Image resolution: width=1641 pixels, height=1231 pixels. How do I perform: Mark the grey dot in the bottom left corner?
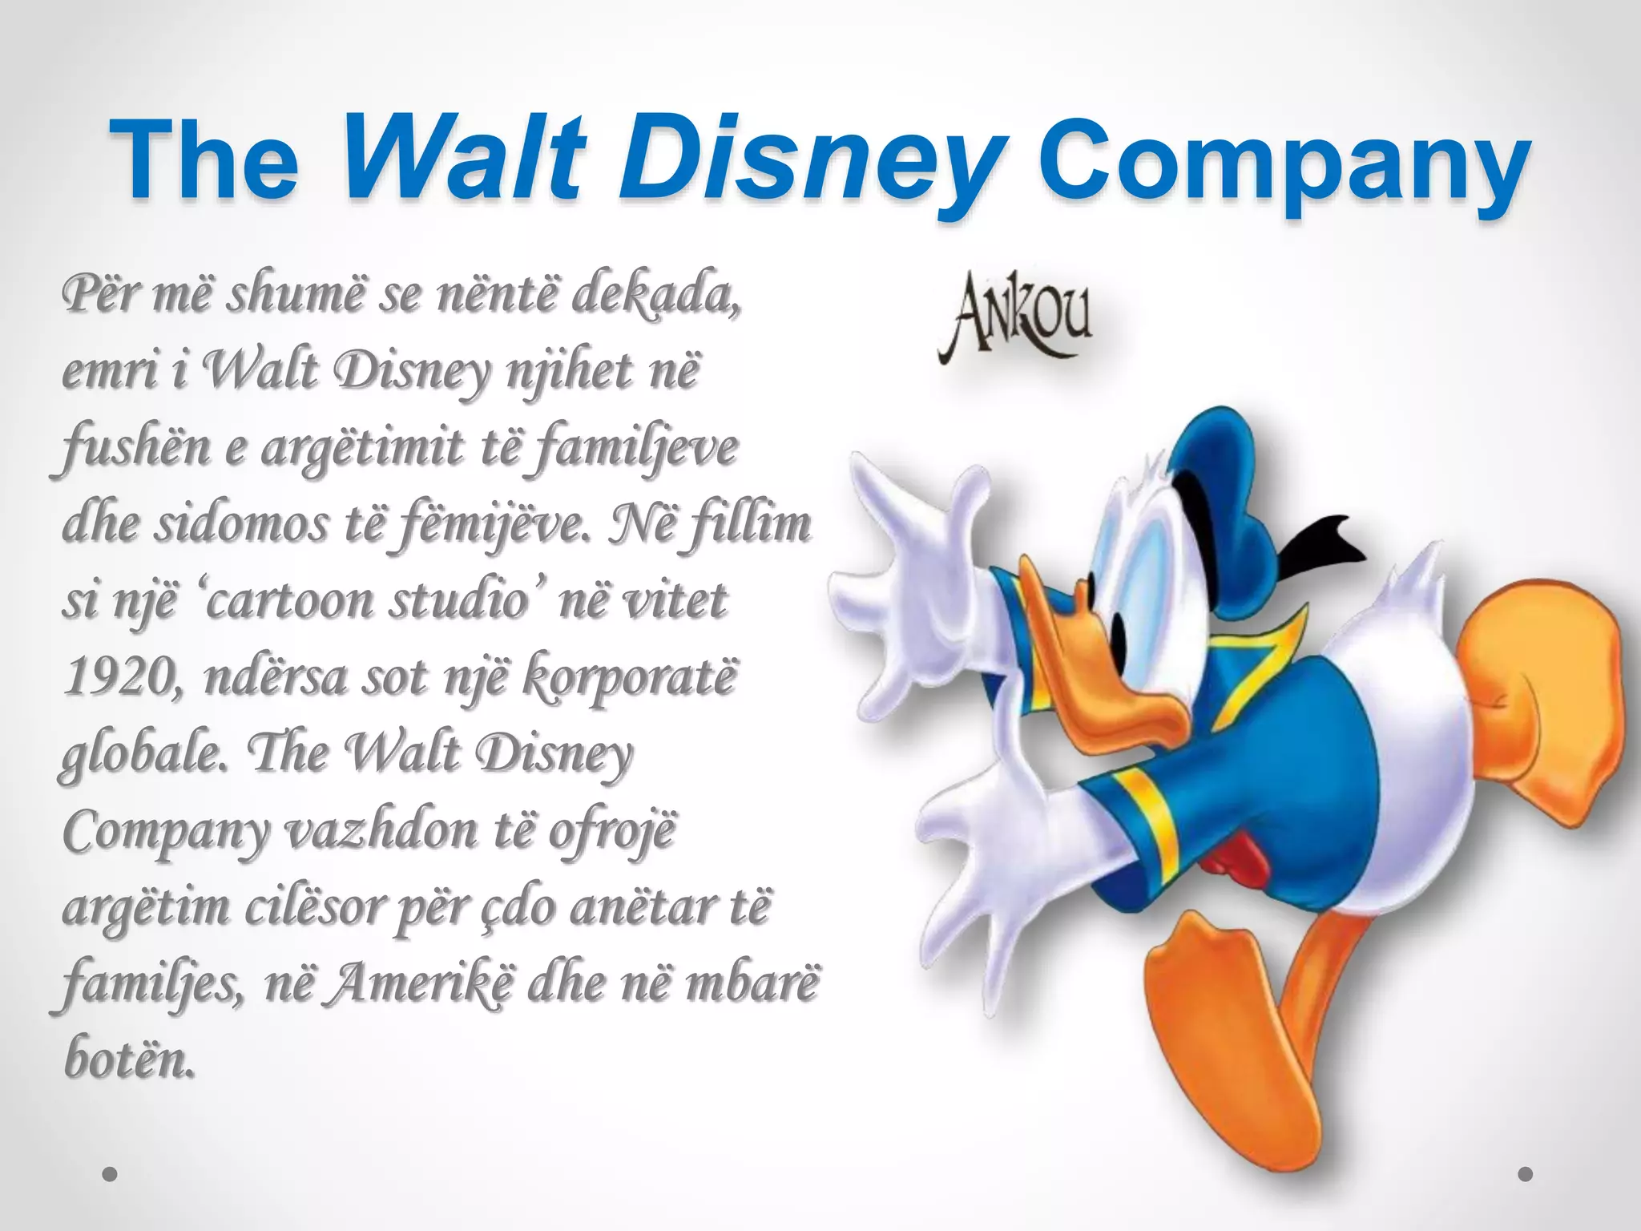(x=111, y=1174)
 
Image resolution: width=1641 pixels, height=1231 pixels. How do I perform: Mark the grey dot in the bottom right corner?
(x=1526, y=1174)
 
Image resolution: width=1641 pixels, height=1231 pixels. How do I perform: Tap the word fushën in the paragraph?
(x=132, y=449)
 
